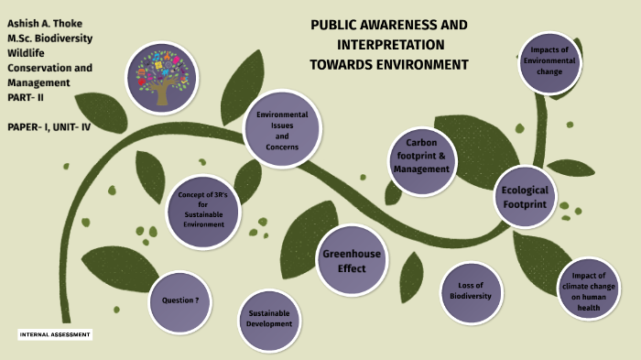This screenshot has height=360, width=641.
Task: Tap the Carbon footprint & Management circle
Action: [x=422, y=162]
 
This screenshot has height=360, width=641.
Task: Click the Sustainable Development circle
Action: [x=269, y=318]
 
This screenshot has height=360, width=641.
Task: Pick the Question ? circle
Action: [x=180, y=300]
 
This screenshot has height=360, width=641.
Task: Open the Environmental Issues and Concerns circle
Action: [x=282, y=130]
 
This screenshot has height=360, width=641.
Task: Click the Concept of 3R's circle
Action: [x=203, y=212]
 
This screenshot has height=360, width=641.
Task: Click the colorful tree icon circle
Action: [x=161, y=76]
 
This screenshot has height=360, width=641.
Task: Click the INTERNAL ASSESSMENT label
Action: [x=56, y=335]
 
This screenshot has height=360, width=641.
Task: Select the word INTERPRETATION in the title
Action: [x=390, y=44]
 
